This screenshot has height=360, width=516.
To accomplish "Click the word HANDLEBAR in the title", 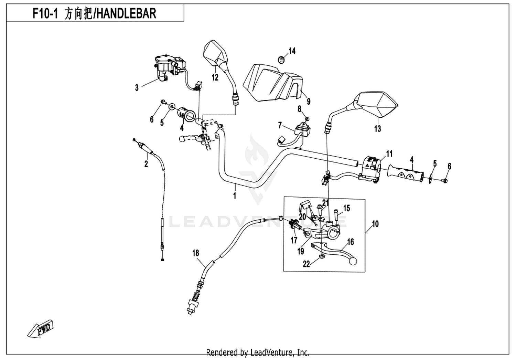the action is coord(126,13).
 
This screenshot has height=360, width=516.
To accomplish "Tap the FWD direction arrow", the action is coord(41,329).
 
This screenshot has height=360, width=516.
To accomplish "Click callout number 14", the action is coord(292,51).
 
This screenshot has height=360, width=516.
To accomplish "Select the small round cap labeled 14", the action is coord(281,60).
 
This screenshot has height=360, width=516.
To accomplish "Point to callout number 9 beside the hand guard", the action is coord(309,101).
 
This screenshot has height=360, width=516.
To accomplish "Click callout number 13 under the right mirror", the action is coord(377,129).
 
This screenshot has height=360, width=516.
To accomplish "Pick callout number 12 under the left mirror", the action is coord(215,77).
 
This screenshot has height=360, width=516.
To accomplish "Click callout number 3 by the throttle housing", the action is coord(137,87).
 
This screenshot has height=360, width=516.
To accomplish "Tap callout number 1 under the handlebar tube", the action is coord(235,196).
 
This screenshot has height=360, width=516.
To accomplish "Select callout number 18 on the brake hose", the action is coord(196,253).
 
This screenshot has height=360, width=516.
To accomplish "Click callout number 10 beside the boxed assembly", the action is coord(375,224).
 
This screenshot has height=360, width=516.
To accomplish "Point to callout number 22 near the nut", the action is coord(306,264).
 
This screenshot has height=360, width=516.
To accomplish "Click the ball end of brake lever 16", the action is coord(353,262).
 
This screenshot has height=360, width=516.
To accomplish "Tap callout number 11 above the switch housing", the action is coord(389,154).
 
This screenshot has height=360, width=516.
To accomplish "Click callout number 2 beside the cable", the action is coord(146,164).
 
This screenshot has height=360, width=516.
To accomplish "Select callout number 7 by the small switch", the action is coord(280,125).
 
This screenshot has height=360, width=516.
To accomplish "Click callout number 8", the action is coord(300,109).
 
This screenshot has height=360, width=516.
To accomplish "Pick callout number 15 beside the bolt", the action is coord(346,208).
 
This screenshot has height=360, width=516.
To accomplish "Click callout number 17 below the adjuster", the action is coord(294,240).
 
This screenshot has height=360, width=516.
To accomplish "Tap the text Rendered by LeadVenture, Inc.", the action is coord(258,352).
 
